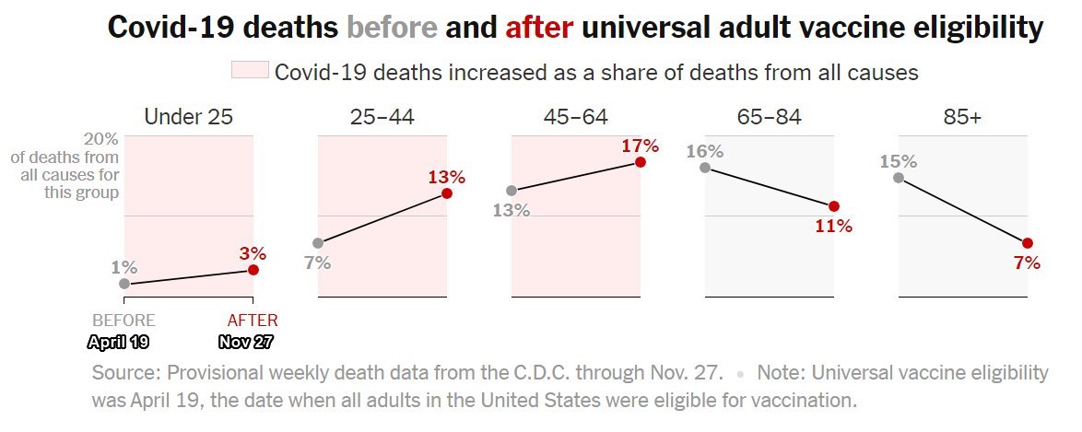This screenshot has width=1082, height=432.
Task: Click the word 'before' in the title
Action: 392,28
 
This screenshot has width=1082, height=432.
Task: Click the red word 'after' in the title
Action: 539,28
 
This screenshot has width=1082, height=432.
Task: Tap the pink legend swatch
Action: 249,71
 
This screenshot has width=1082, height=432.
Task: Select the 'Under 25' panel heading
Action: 188,117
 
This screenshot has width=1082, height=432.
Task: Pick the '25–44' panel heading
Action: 382,117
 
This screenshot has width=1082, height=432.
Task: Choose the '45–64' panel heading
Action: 575,117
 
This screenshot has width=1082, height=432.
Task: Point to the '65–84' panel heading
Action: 769,117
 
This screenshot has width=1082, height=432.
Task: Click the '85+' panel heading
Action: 962,117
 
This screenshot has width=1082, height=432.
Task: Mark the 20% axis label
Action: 101,139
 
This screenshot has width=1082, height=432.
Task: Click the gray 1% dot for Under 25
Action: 124,284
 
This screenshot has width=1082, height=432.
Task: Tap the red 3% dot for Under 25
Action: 253,270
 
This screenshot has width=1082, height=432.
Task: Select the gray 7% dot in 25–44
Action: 318,243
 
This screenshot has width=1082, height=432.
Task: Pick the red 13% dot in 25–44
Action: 447,193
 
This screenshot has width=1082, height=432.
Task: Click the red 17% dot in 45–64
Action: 641,162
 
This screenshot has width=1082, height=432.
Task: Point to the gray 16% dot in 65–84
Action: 705,168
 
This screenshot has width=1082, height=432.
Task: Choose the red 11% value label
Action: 834,226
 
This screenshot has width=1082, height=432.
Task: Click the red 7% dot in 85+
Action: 1028,243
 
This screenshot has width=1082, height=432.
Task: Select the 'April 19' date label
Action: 118,342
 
